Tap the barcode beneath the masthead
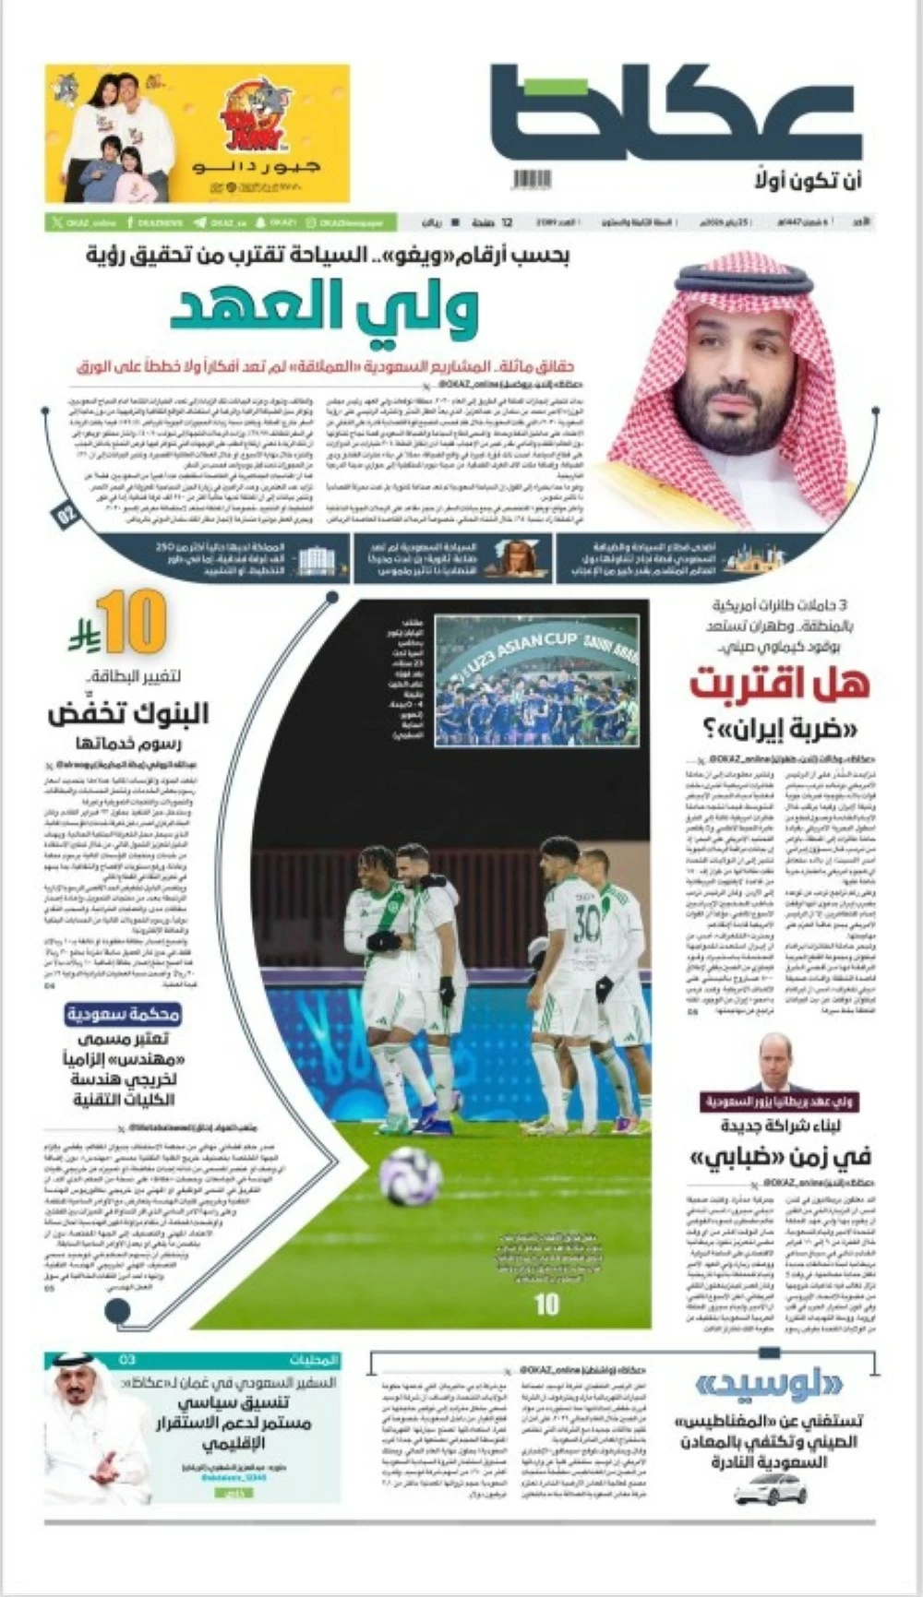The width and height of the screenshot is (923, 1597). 532,179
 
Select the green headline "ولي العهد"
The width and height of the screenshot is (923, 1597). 324,309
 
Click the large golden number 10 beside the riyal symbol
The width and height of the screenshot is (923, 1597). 130,623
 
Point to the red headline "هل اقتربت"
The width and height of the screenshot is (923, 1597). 780,684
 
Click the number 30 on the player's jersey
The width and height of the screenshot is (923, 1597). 586,923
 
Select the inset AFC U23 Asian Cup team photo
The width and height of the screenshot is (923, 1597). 537,679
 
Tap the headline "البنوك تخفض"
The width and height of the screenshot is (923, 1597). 129,713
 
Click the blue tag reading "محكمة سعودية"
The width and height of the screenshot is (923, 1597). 123,1015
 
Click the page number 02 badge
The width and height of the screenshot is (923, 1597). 68,515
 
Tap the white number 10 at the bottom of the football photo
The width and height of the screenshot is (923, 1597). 547,1304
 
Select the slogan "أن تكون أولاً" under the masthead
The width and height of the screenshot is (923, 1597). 809,179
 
